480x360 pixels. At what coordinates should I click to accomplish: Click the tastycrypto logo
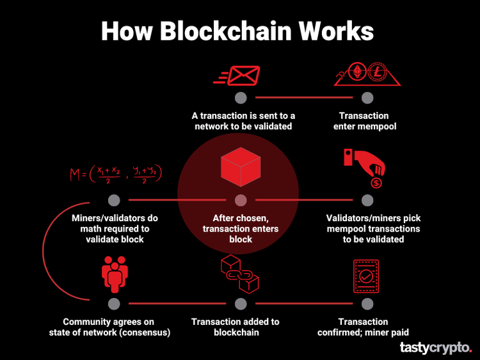point(435,347)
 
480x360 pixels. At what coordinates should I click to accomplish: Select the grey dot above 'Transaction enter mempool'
point(367,98)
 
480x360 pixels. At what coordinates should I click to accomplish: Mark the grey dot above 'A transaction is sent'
point(241,98)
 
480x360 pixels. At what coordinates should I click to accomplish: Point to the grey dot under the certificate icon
point(367,304)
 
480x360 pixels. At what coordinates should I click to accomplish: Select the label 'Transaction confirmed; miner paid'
point(363,327)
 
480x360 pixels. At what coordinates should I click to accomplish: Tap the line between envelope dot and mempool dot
point(303,98)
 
